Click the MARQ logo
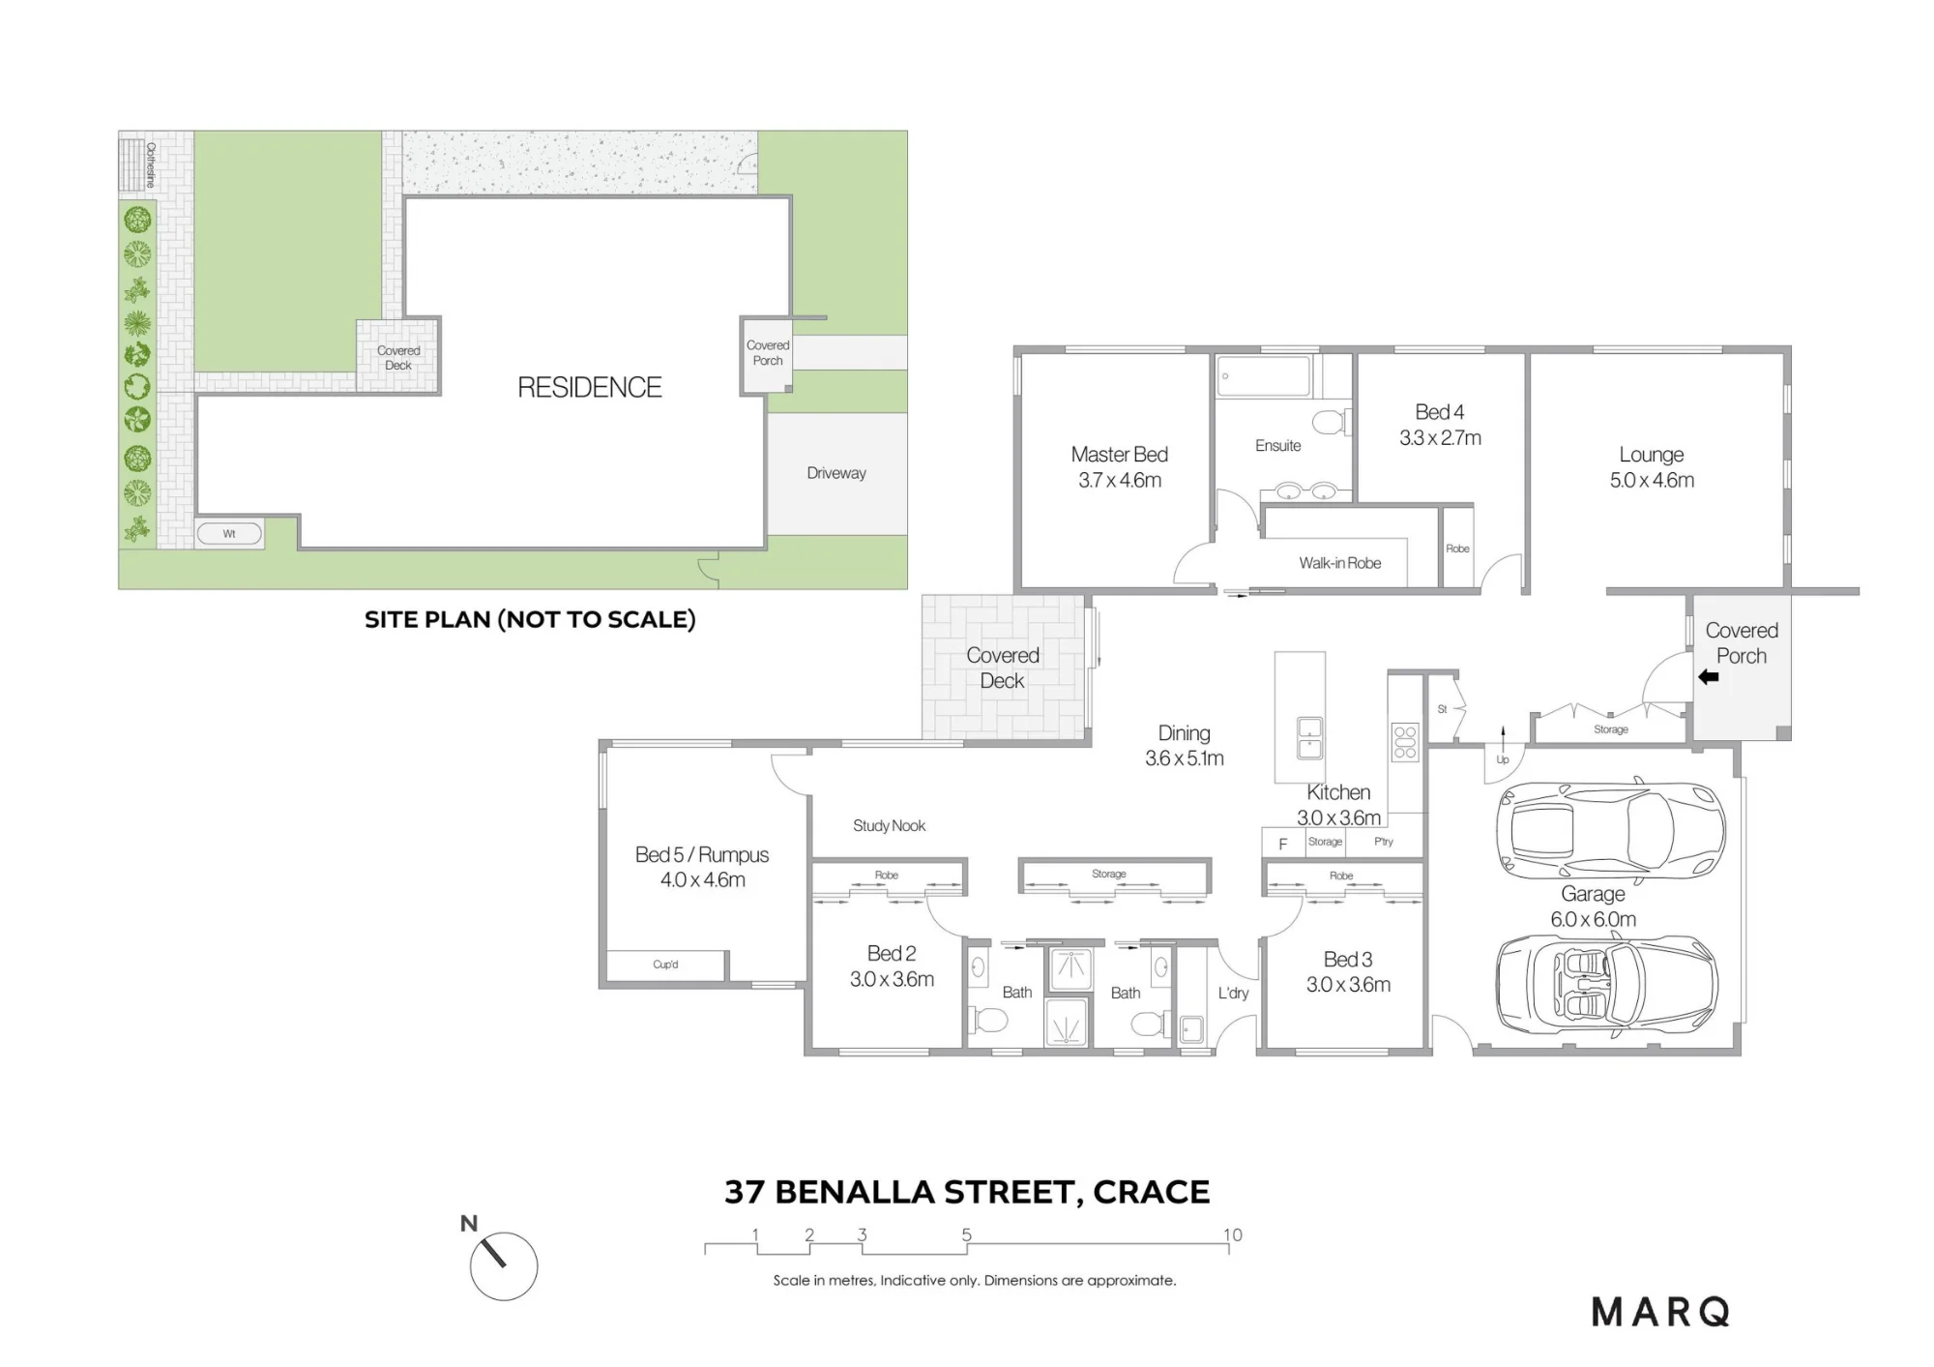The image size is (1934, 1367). [1660, 1312]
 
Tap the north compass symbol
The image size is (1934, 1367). [503, 1265]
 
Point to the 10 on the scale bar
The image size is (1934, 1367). [1232, 1234]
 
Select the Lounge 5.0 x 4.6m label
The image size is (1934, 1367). [1652, 467]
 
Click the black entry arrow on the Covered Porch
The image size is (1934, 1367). [1709, 677]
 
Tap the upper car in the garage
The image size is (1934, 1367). [1611, 829]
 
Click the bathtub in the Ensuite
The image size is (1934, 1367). [1264, 375]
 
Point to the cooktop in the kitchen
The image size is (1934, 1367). [1405, 741]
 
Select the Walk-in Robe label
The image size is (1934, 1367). [1339, 563]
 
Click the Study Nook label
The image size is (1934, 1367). [889, 825]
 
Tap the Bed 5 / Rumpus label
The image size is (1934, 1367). [702, 867]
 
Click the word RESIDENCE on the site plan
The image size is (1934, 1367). [590, 387]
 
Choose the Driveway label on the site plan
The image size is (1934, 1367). [836, 473]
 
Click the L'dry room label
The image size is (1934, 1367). [1233, 993]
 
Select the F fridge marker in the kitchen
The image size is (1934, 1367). [1283, 844]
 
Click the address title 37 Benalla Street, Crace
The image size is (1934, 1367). [967, 1192]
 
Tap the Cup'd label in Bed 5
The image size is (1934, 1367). [665, 965]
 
